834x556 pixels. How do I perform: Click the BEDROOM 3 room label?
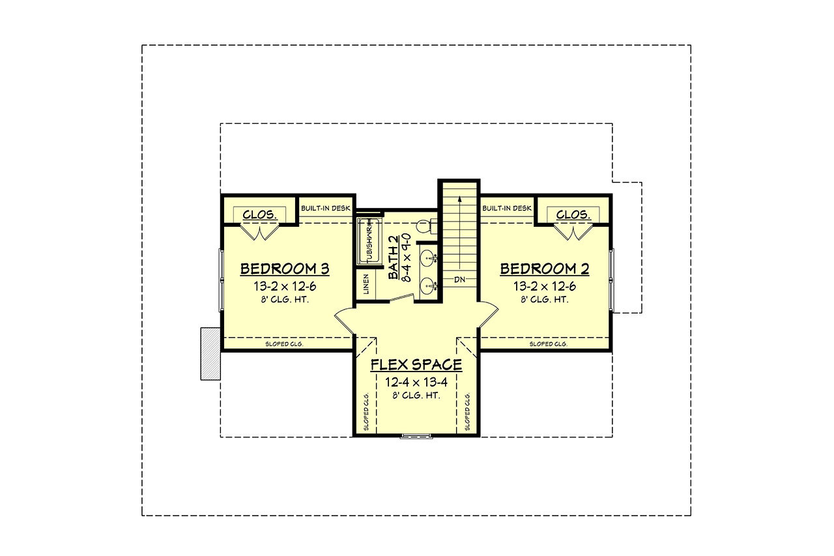(x=284, y=269)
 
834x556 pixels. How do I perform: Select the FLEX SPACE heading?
(x=416, y=364)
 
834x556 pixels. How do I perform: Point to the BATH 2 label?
(x=394, y=257)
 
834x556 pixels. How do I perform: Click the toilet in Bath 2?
(x=424, y=227)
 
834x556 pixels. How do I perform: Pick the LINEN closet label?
(x=366, y=285)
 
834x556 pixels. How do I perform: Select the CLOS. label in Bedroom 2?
(x=573, y=214)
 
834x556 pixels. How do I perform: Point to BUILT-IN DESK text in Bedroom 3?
(x=326, y=208)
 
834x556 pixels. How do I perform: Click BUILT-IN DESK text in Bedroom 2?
(x=507, y=208)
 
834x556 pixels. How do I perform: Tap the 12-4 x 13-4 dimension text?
(x=416, y=382)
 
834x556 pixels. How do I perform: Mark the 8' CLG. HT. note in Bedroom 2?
(x=544, y=300)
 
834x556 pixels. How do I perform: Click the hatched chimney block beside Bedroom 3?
(x=211, y=353)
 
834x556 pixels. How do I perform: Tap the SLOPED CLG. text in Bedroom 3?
(x=284, y=344)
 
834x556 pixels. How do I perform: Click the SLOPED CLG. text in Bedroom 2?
(x=548, y=344)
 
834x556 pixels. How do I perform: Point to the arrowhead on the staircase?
(x=461, y=199)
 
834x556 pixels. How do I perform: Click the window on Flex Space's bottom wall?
(x=412, y=435)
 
